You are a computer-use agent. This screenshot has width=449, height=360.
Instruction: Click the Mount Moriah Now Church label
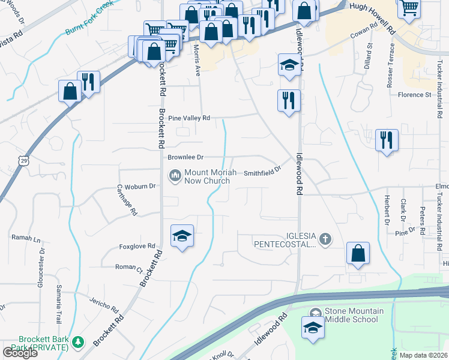pos(207,176)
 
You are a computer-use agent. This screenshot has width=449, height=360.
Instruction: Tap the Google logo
pos(20,352)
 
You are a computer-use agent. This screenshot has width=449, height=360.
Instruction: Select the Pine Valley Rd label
pos(189,118)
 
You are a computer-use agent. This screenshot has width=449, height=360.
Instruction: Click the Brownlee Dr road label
pos(185,157)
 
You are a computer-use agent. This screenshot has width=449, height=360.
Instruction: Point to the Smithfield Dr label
pos(262,172)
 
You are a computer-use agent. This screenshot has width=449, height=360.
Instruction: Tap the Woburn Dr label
pos(144,186)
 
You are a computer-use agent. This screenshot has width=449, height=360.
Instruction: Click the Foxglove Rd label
pos(137,246)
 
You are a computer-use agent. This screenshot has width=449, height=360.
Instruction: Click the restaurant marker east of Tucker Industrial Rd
pos(387,141)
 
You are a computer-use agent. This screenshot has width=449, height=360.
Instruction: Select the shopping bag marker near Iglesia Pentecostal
pos(358,253)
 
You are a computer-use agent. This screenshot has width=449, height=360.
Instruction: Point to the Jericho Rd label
pos(103,305)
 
